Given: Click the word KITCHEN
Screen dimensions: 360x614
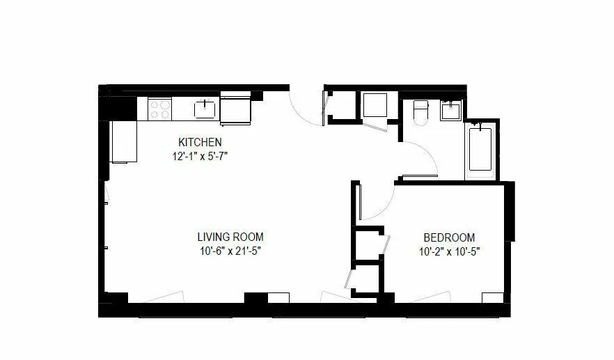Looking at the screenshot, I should point(200,142).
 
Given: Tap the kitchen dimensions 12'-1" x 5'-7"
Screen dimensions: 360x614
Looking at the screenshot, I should point(200,156).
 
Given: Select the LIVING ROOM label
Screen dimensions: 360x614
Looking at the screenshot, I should point(230,237).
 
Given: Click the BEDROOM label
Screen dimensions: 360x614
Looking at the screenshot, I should point(449,237).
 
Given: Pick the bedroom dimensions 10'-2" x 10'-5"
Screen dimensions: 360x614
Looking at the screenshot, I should point(449,251).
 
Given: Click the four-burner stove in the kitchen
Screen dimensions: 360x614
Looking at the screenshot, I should point(160,109).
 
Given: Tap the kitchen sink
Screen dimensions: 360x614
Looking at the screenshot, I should point(205,108).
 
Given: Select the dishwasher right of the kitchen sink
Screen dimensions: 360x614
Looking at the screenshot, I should point(235,110).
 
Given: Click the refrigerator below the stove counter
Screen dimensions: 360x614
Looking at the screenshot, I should point(124,141).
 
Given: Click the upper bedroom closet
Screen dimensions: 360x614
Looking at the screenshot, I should point(368,244).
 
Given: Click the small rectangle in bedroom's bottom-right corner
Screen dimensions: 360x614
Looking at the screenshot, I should point(493,297).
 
